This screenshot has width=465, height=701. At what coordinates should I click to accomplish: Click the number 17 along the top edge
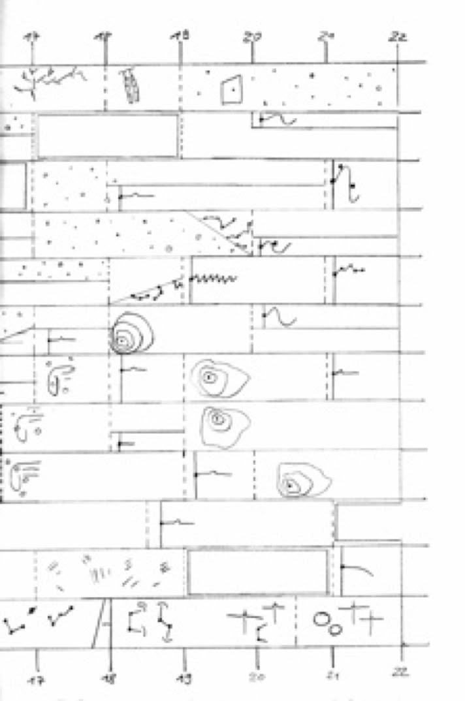31,37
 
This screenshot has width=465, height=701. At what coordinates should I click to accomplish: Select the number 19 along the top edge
180,37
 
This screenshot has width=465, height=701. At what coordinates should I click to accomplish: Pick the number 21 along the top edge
325,37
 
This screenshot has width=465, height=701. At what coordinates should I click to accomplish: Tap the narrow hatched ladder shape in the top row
131,86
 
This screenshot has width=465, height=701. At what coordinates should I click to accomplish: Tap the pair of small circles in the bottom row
327,624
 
